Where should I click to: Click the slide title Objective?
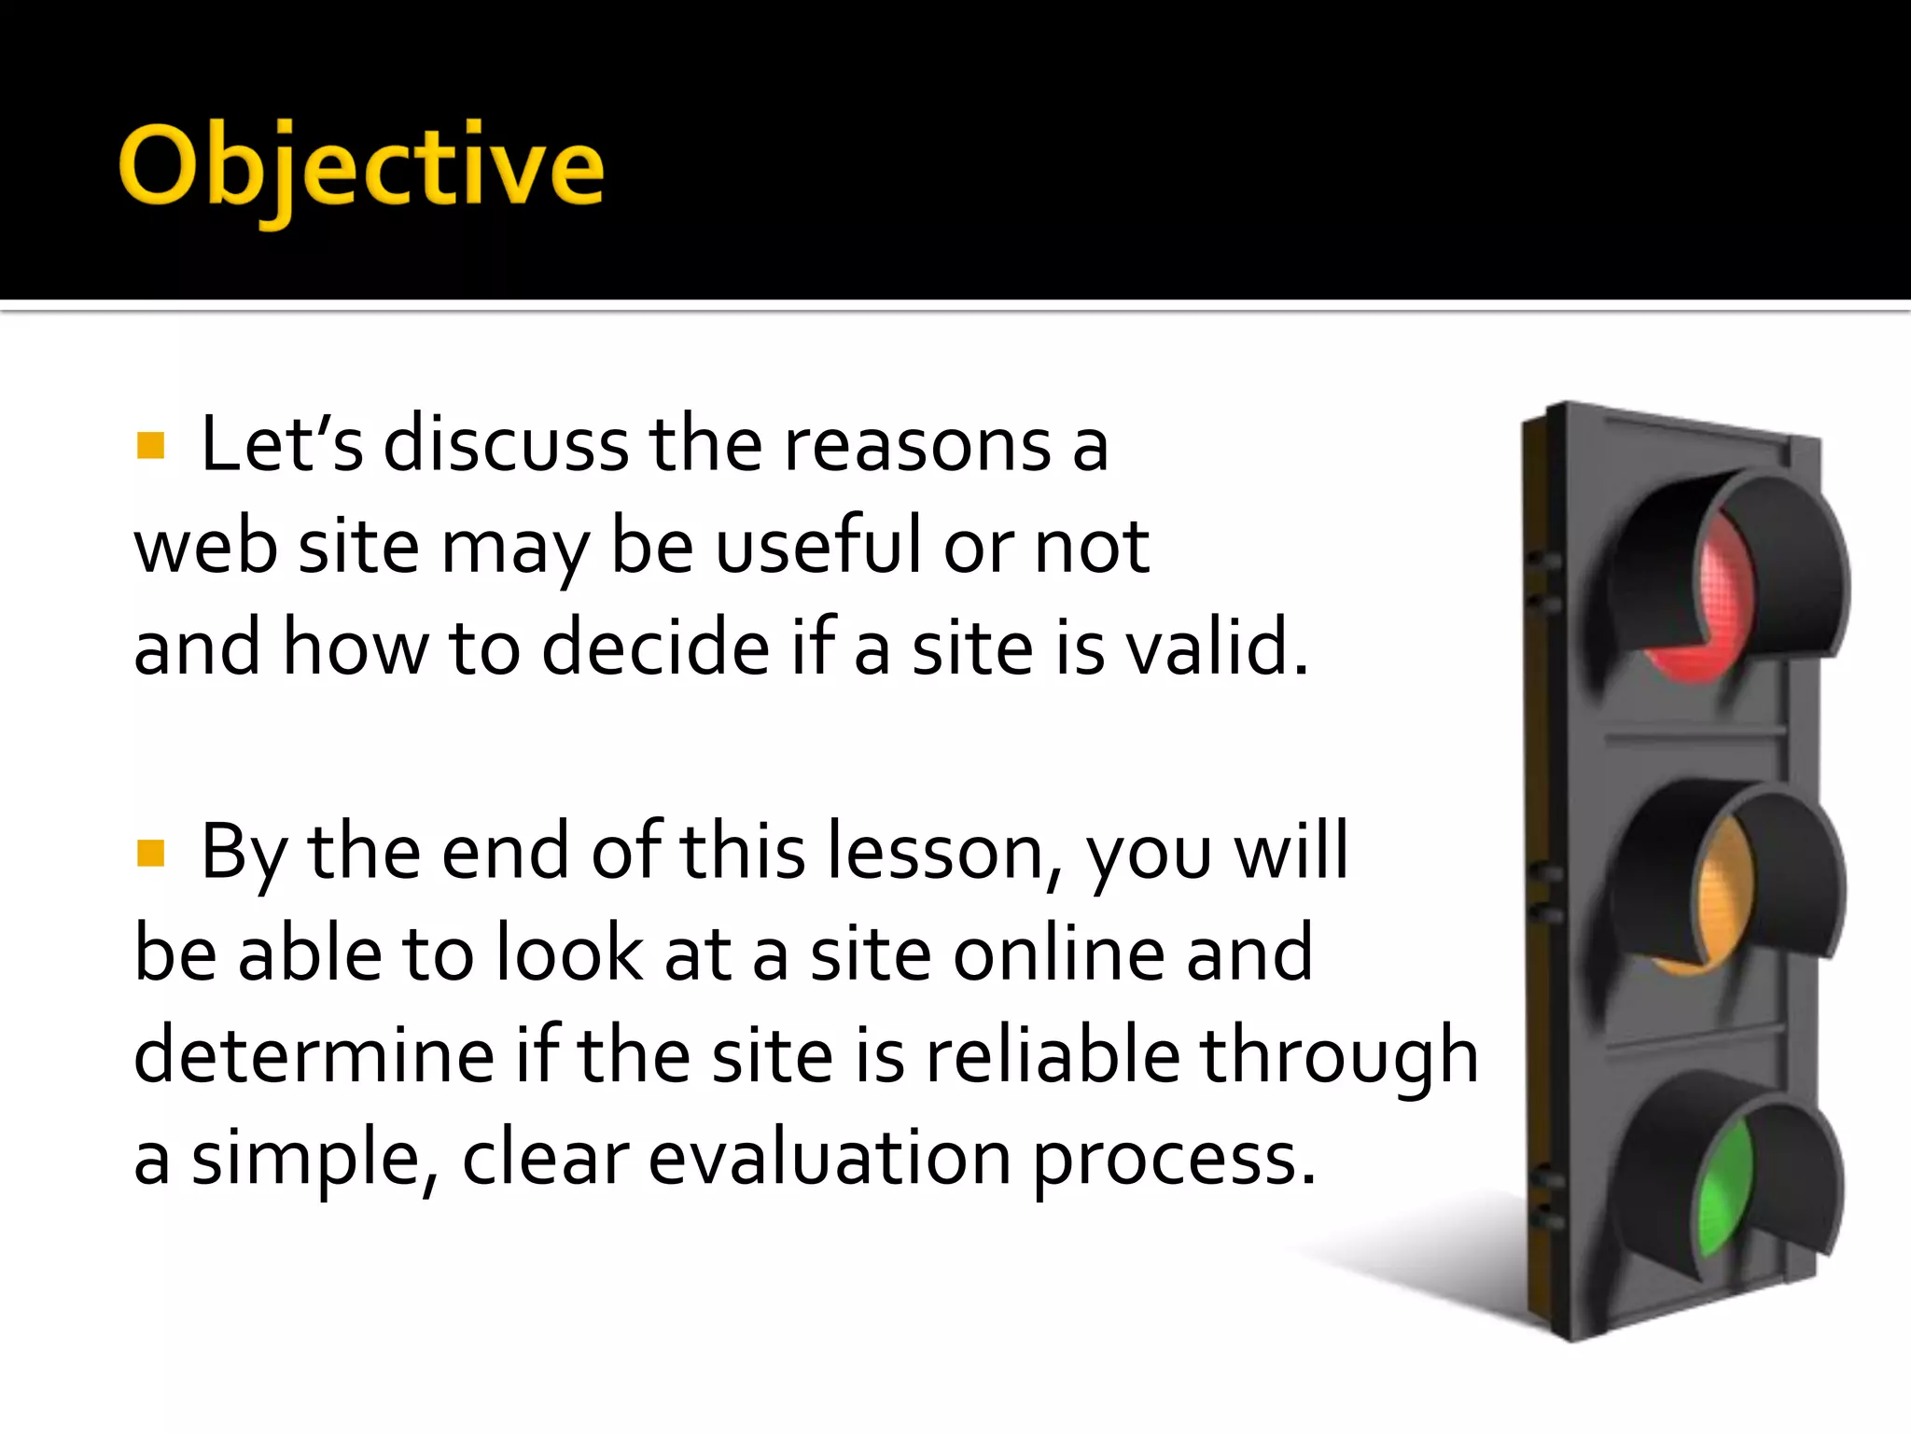point(361,168)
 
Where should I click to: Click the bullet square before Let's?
point(150,446)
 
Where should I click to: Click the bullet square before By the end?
point(150,853)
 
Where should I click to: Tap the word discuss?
point(507,444)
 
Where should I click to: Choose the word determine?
point(314,1055)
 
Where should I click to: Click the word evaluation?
point(830,1158)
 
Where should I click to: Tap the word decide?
point(655,647)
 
